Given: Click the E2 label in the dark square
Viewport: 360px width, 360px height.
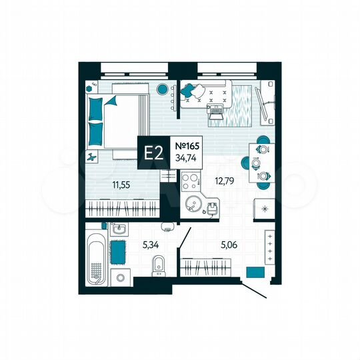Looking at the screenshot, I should coord(154,153).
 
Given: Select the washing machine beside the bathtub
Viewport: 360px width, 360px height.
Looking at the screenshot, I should coord(121,277).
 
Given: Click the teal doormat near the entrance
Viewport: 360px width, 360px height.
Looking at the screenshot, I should coord(253,271).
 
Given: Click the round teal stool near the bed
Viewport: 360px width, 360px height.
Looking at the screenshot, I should coord(161,89).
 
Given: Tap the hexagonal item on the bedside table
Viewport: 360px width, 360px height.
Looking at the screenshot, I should coord(89,87).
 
